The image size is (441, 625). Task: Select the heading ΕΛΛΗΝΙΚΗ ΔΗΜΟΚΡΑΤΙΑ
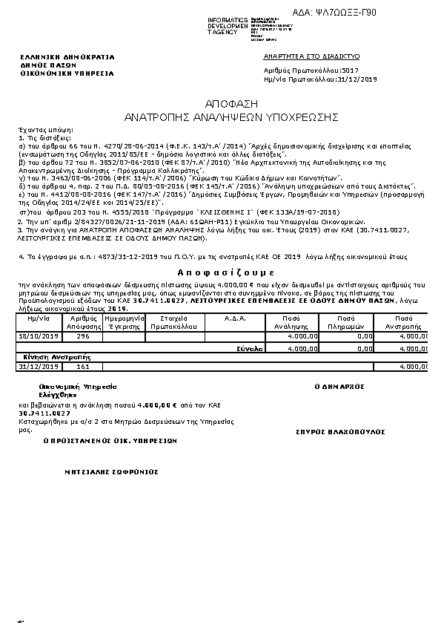pos(67,57)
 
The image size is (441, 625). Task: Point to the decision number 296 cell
pos(82,336)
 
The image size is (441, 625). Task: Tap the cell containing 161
pos(82,366)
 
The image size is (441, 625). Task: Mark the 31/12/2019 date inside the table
pos(38,366)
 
